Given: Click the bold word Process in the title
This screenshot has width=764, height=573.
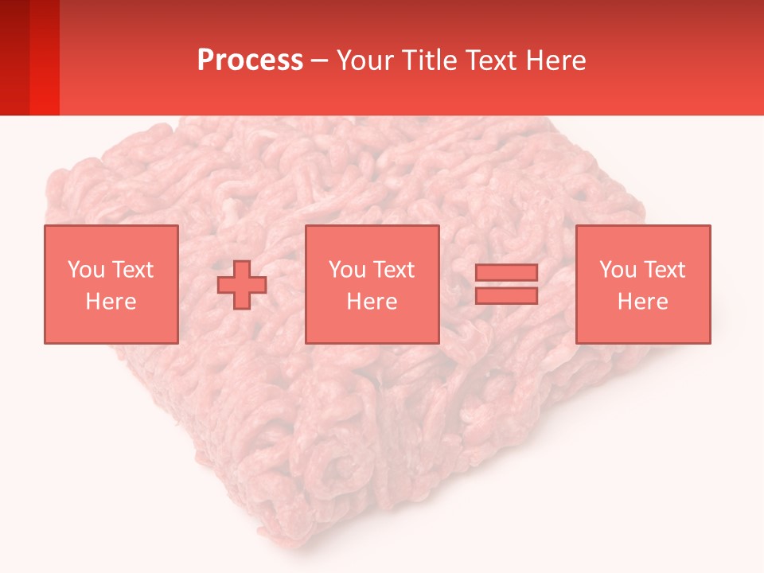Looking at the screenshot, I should pyautogui.click(x=250, y=60).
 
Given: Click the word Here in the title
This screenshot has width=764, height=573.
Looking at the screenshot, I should pyautogui.click(x=556, y=60).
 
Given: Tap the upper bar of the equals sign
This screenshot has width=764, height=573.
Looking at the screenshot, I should pyautogui.click(x=506, y=273).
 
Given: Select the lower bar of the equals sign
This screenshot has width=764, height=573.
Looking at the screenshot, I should pyautogui.click(x=506, y=296).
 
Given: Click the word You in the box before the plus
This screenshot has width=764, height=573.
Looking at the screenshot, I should pyautogui.click(x=86, y=270).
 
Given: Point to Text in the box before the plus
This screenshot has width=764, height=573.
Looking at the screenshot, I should pyautogui.click(x=131, y=270).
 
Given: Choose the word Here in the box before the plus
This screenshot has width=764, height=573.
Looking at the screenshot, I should pyautogui.click(x=111, y=302).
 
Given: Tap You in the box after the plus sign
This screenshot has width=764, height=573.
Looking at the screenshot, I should pyautogui.click(x=347, y=270).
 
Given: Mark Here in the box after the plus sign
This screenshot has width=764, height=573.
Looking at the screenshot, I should pyautogui.click(x=372, y=302).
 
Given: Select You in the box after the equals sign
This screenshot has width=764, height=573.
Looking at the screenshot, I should pyautogui.click(x=618, y=270).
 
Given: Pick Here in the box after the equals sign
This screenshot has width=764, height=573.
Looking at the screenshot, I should pyautogui.click(x=642, y=302).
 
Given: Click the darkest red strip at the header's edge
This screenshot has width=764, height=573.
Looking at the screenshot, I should pyautogui.click(x=14, y=57).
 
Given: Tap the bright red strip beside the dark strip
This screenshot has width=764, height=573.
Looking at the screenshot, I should pyautogui.click(x=45, y=57).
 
